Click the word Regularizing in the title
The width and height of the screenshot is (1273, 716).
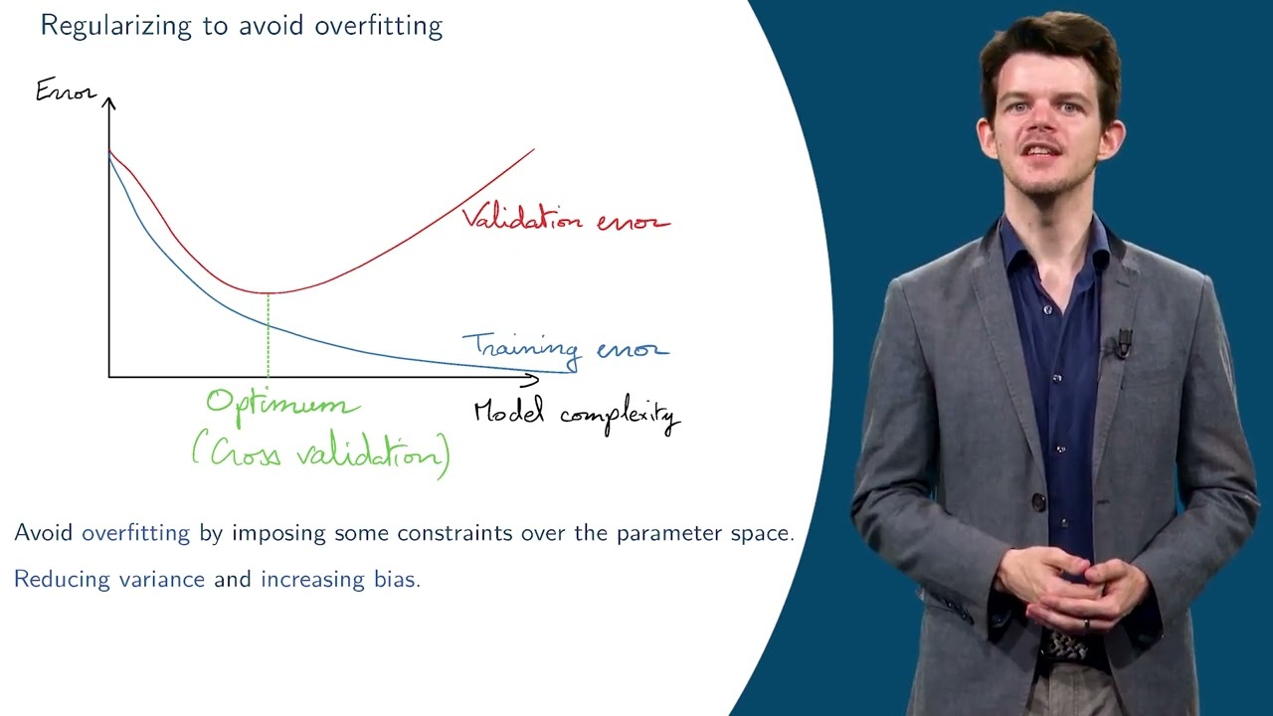pos(116,27)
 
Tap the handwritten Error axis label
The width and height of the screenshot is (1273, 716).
pos(66,90)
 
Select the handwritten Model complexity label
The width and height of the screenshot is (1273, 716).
pos(577,416)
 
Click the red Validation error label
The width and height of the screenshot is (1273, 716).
pos(566,218)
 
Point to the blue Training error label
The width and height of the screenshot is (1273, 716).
pos(566,348)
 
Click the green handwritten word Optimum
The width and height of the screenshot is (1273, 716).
pos(282,405)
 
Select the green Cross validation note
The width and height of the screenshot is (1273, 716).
pos(321,455)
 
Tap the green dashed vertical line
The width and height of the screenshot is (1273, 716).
pos(268,335)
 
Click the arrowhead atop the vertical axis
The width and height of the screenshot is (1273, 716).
pos(108,102)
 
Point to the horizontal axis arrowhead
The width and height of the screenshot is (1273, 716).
pos(531,379)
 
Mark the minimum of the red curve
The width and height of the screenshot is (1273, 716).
pos(268,292)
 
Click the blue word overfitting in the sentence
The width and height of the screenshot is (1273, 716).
pos(136,533)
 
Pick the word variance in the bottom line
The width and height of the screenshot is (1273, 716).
pos(162,580)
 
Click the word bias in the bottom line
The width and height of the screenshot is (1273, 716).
pos(395,579)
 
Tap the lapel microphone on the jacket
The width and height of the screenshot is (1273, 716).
pos(1124,344)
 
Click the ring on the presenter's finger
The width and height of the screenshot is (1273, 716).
pos(1086,624)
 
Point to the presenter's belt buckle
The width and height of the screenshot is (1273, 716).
pos(1065,643)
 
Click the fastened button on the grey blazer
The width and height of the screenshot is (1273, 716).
pos(1039,502)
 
